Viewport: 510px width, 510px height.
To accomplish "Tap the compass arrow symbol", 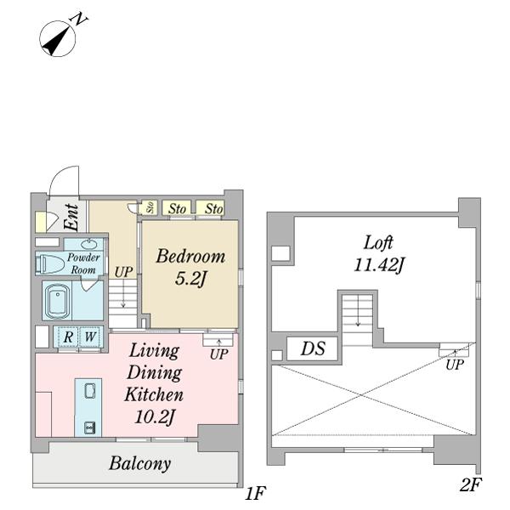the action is pyautogui.click(x=58, y=39).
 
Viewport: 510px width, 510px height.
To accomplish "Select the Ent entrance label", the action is pyautogui.click(x=71, y=218).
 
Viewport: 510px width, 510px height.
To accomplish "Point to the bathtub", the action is pyautogui.click(x=58, y=301).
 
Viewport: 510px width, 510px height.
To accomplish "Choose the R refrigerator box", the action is pyautogui.click(x=68, y=337).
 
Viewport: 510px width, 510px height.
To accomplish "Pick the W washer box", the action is pyautogui.click(x=90, y=337).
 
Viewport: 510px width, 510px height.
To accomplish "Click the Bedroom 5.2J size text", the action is pyautogui.click(x=190, y=279).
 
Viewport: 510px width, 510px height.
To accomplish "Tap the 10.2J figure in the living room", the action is pyautogui.click(x=155, y=417).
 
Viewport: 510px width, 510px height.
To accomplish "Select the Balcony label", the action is pyautogui.click(x=140, y=463).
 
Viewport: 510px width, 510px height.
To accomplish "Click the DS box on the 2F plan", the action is pyautogui.click(x=313, y=348).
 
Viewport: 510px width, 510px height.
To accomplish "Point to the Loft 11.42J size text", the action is pyautogui.click(x=378, y=264).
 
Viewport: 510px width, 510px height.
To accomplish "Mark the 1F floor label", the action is pyautogui.click(x=255, y=493).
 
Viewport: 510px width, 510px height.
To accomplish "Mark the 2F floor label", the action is pyautogui.click(x=471, y=485).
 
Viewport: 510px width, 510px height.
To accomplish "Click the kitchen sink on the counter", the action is pyautogui.click(x=90, y=391).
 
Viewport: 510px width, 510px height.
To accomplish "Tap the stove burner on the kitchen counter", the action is pyautogui.click(x=89, y=428).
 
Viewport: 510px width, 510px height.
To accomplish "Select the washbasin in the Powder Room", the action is pyautogui.click(x=88, y=244).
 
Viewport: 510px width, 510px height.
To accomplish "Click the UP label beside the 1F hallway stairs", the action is pyautogui.click(x=123, y=272).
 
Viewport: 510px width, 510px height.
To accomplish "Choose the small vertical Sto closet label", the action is pyautogui.click(x=150, y=207).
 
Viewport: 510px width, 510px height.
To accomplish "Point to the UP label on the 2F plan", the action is pyautogui.click(x=455, y=365).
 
